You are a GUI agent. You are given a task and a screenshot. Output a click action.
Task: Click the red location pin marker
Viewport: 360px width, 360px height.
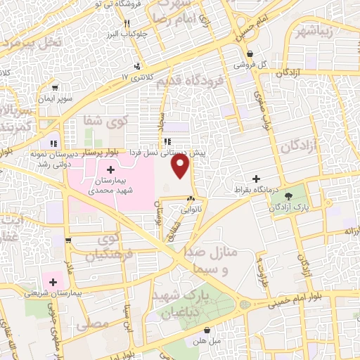[x=181, y=166]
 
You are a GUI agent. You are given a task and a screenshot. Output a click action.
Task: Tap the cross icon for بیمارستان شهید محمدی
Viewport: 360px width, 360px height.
[x=111, y=170]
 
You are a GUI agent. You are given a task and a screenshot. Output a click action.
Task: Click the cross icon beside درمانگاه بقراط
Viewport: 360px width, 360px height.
[x=256, y=179]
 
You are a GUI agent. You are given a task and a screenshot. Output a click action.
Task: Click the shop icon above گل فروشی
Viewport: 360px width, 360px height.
[x=250, y=53]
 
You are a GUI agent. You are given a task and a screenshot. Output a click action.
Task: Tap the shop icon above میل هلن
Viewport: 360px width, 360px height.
[x=206, y=329]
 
